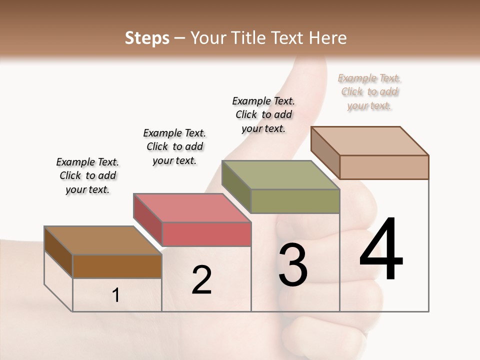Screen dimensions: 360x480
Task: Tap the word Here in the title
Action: (328, 38)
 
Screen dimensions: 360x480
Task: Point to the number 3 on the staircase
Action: (292, 265)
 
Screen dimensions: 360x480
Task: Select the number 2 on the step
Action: (201, 280)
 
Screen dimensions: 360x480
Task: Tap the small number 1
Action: (116, 295)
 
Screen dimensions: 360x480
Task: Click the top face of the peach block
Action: (369, 141)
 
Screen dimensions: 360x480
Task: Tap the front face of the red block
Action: (206, 234)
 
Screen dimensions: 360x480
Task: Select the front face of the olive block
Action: (295, 201)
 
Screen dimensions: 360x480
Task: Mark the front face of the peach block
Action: (384, 167)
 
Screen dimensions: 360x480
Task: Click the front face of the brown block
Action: (117, 266)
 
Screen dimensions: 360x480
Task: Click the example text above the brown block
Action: (87, 175)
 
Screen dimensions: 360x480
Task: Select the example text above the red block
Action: (174, 146)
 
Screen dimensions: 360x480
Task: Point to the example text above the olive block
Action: (263, 114)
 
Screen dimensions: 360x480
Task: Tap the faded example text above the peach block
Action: (369, 91)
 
